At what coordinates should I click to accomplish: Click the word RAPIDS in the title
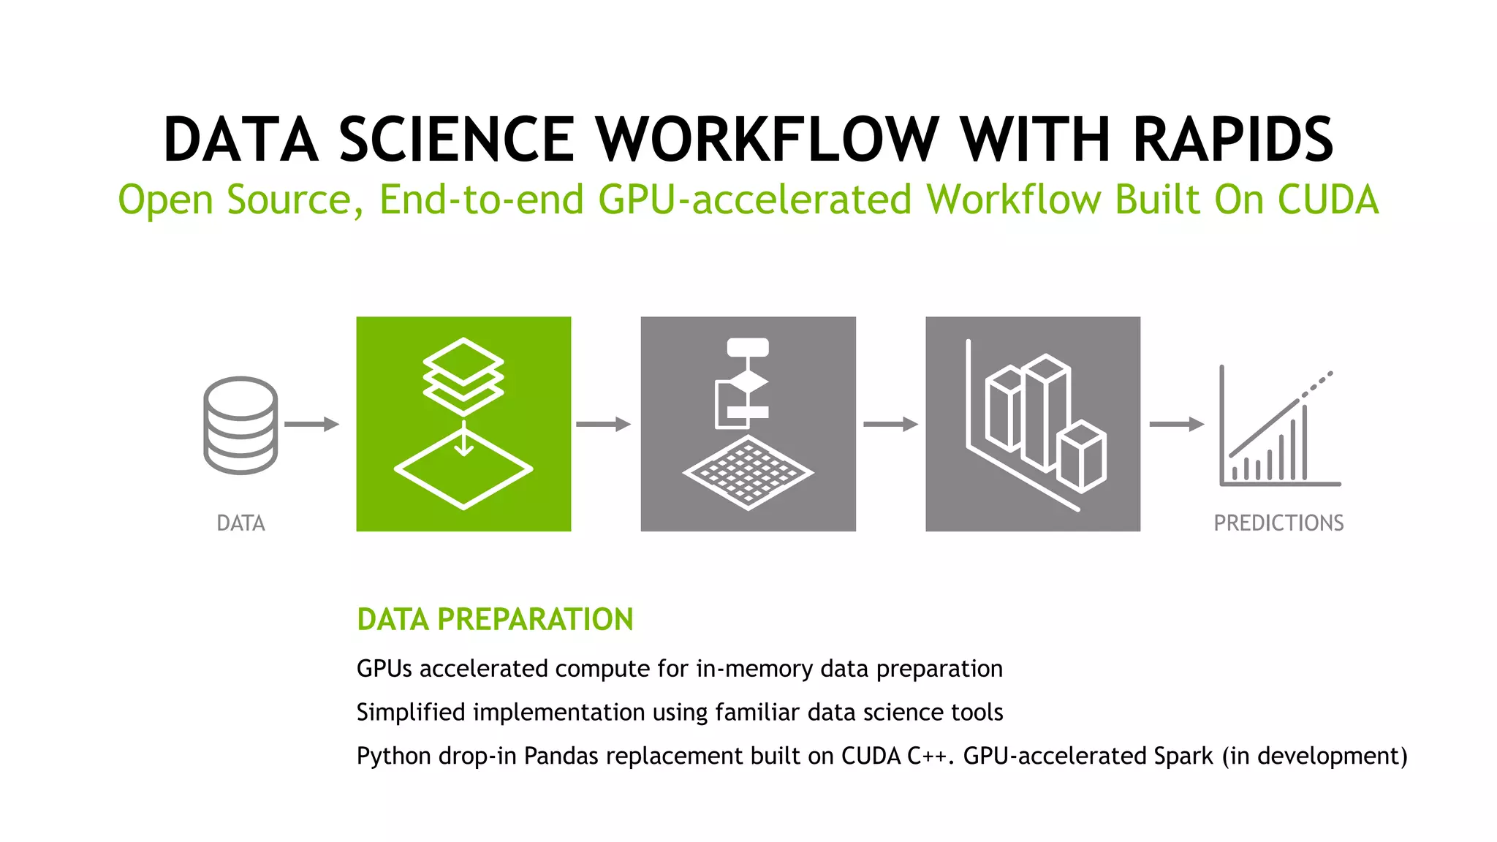tap(1233, 140)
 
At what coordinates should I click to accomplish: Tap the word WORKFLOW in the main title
tap(766, 140)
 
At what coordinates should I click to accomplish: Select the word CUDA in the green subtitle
tap(1327, 200)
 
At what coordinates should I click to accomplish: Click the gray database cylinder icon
tap(240, 425)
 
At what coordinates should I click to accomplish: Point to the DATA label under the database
tap(240, 523)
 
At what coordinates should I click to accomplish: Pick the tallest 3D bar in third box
tap(1045, 413)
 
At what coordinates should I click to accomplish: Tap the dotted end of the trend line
tap(1318, 384)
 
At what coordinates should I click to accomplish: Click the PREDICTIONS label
tap(1278, 523)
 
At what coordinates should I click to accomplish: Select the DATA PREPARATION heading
tap(495, 620)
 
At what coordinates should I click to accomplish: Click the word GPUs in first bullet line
tap(384, 669)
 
